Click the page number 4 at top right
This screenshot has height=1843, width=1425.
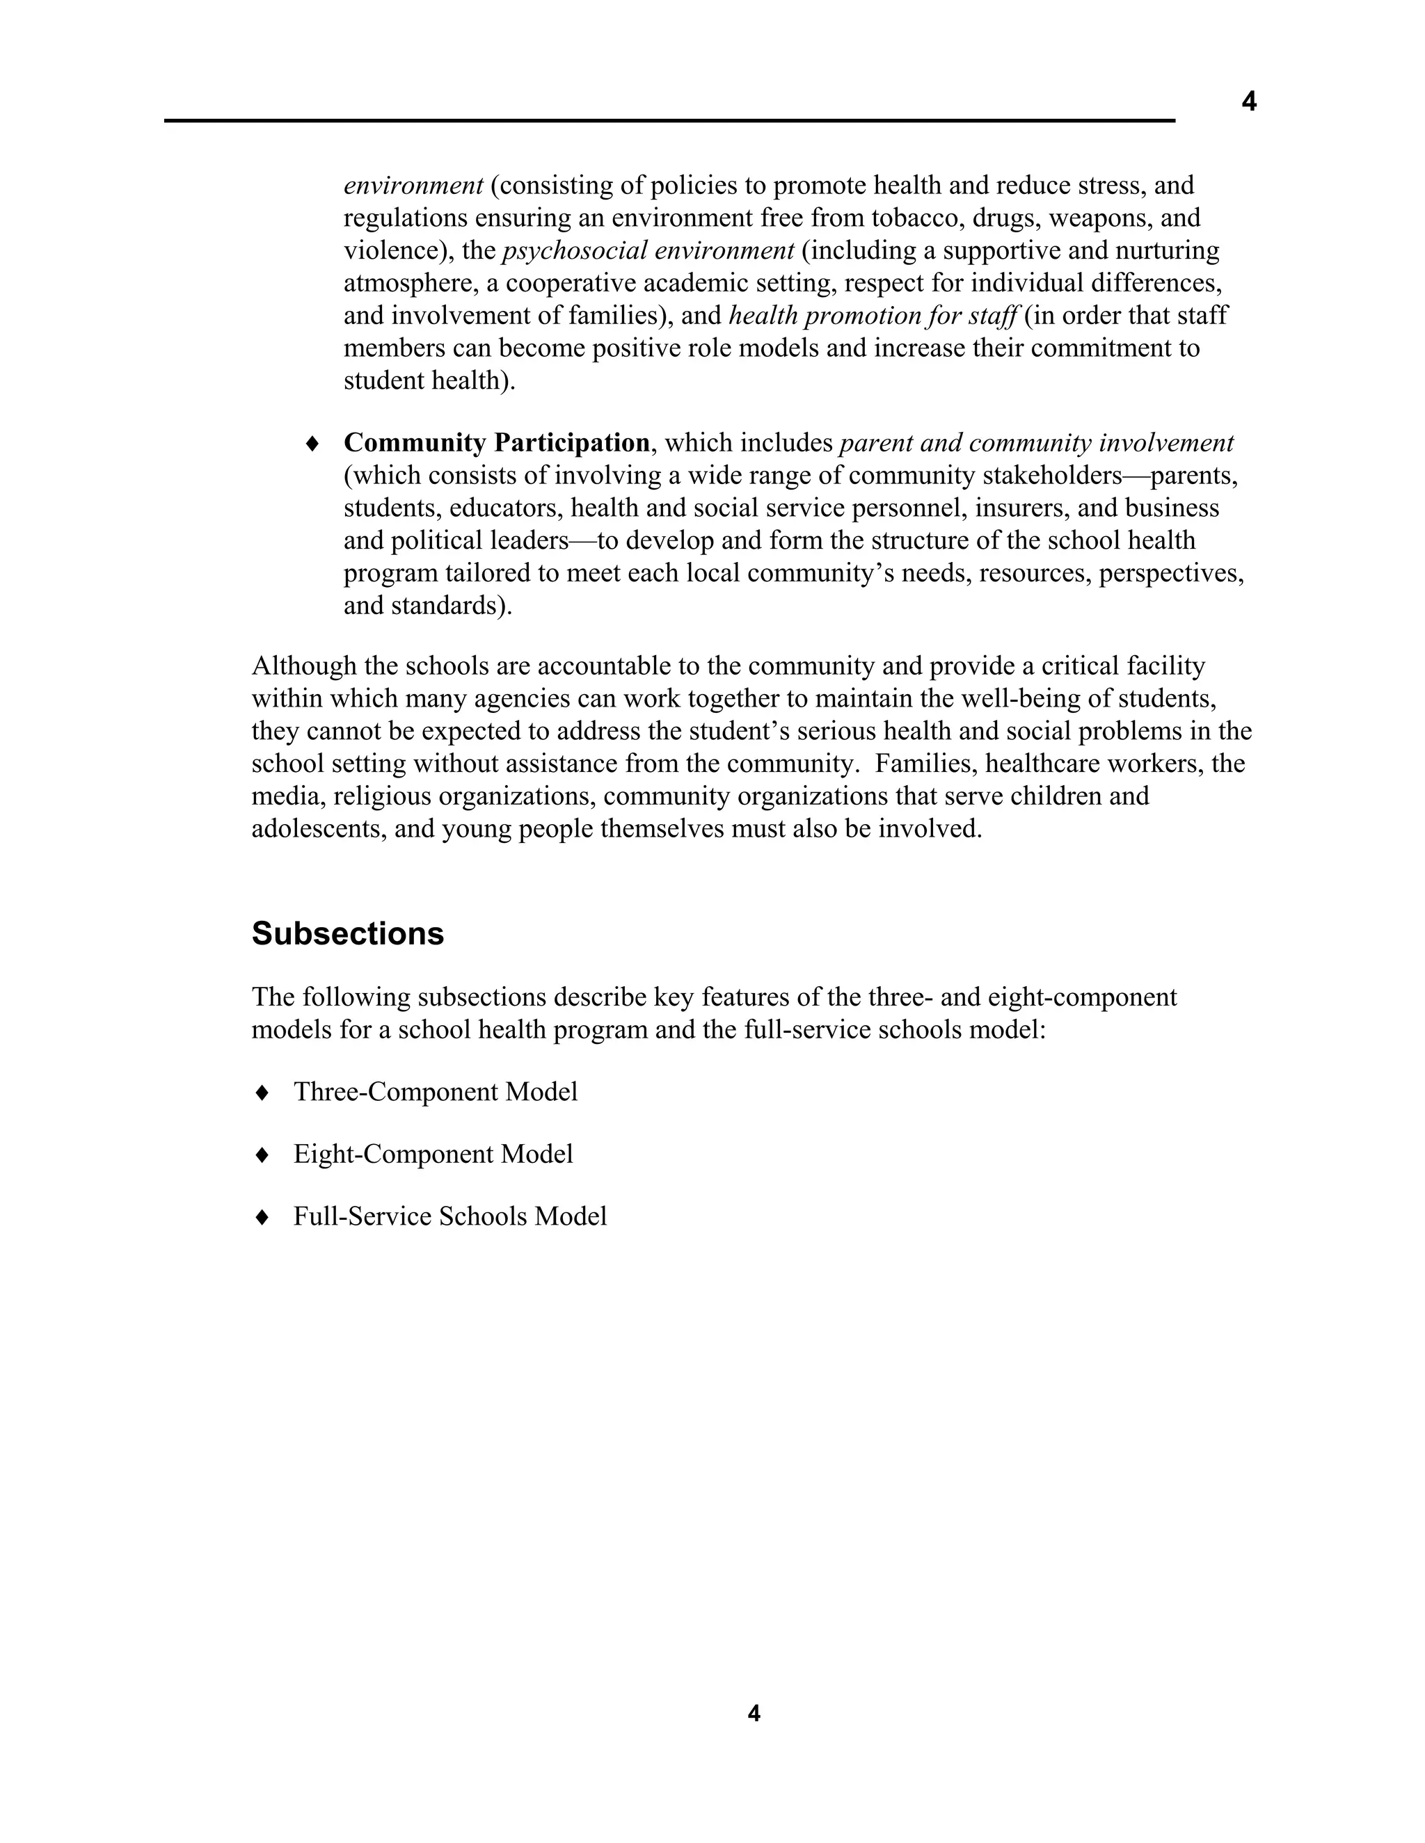pyautogui.click(x=1248, y=102)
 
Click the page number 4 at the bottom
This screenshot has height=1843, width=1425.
pyautogui.click(x=754, y=1713)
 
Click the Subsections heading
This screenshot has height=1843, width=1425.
pyautogui.click(x=347, y=933)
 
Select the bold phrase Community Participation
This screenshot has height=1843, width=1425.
pyautogui.click(x=496, y=442)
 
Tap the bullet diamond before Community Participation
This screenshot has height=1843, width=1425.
pyautogui.click(x=312, y=443)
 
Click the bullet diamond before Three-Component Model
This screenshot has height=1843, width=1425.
pyautogui.click(x=262, y=1092)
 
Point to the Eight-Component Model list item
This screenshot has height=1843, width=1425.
pyautogui.click(x=432, y=1154)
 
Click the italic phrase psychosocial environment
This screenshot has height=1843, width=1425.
pyautogui.click(x=648, y=250)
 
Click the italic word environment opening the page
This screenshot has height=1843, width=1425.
pyautogui.click(x=413, y=185)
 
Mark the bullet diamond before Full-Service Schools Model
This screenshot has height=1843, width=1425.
pyautogui.click(x=262, y=1217)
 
